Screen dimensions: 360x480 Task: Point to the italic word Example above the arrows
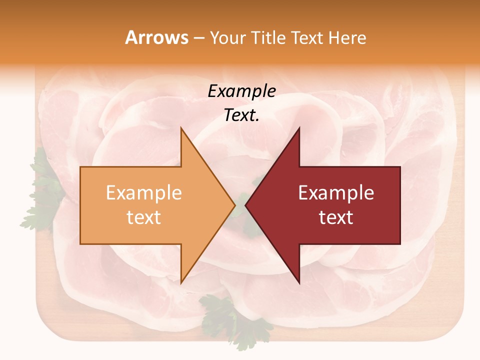241,91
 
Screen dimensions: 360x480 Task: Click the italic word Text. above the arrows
241,115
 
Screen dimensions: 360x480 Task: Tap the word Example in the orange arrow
144,192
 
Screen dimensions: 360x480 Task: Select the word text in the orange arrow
144,217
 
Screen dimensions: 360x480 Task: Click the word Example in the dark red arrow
336,192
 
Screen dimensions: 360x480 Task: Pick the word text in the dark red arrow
336,217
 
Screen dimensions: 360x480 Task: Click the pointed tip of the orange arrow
234,205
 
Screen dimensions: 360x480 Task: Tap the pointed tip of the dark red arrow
246,205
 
